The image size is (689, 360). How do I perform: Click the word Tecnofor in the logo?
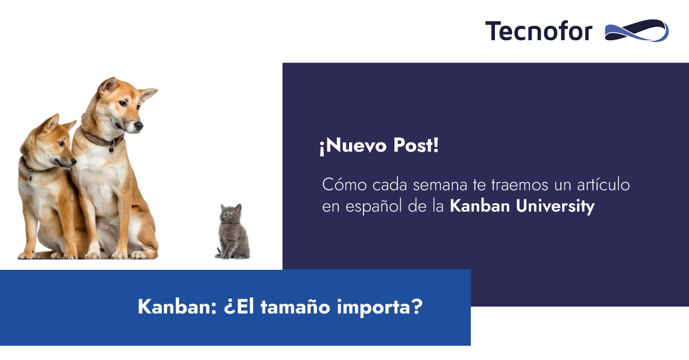click(539, 31)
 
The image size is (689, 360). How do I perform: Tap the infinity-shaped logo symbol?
click(637, 30)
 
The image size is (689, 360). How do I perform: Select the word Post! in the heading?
click(416, 145)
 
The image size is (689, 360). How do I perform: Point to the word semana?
click(440, 185)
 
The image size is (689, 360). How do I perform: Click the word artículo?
click(603, 184)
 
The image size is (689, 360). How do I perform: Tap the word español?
click(373, 206)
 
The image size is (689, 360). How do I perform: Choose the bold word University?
click(555, 206)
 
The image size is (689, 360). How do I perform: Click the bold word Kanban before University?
click(480, 206)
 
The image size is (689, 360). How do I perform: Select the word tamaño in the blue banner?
click(295, 307)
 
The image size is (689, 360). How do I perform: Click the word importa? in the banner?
click(380, 307)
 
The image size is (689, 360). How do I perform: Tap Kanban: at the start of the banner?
click(177, 307)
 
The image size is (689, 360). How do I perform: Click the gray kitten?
click(233, 232)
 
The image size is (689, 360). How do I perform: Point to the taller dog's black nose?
click(139, 125)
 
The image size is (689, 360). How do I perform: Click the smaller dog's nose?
click(73, 161)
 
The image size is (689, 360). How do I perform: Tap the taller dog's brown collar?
click(102, 139)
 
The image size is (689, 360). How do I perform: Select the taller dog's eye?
click(123, 103)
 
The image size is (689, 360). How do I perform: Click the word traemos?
click(520, 185)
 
